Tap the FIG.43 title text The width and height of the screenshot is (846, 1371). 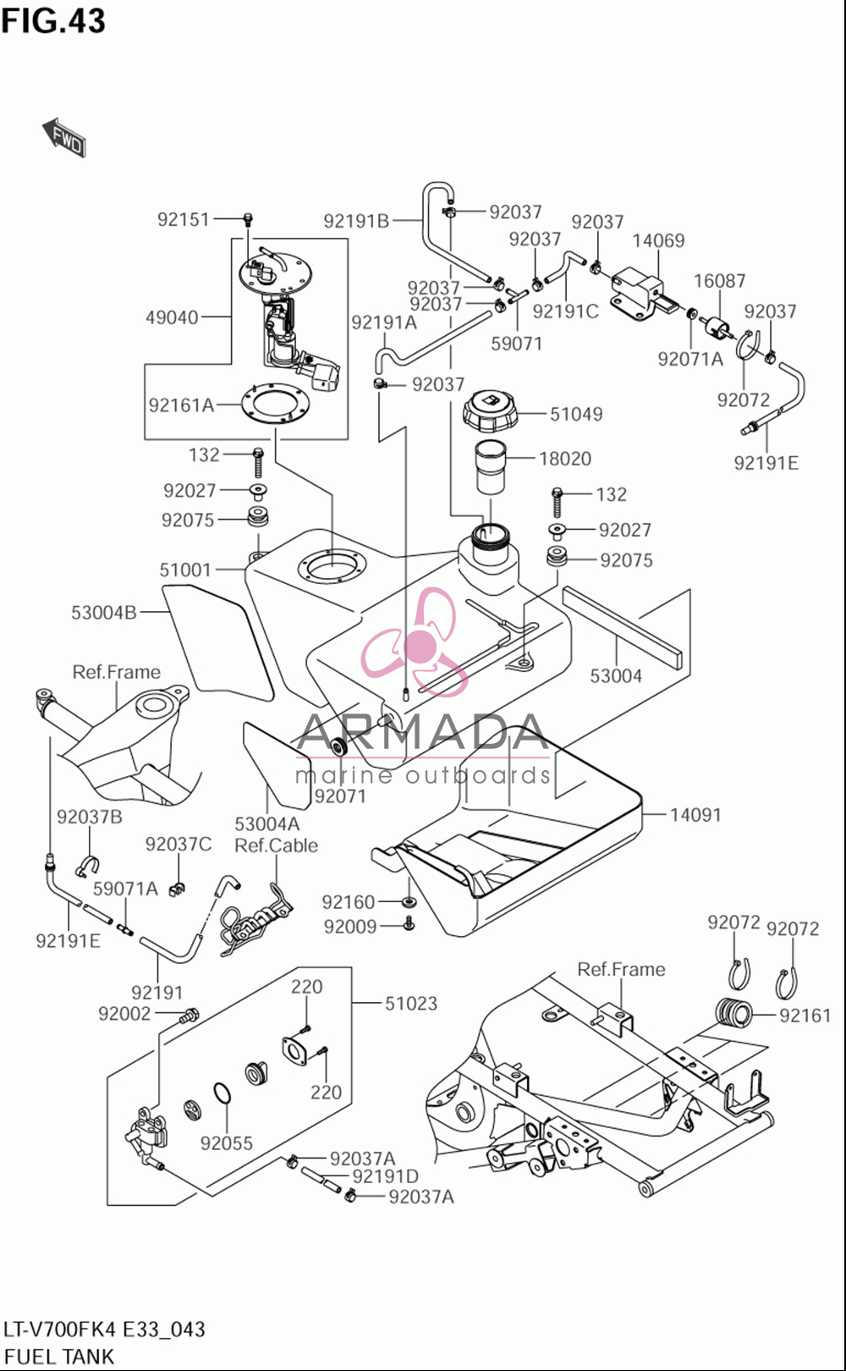tap(54, 21)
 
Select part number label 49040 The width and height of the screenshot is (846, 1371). tap(172, 317)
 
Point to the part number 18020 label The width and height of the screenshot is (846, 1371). tap(565, 459)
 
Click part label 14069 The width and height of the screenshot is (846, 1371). tap(658, 240)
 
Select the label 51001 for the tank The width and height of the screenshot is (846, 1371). tap(184, 570)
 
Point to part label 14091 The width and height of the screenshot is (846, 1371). tap(695, 815)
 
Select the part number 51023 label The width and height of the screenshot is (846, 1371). tap(411, 1003)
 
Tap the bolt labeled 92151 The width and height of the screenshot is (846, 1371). tap(249, 217)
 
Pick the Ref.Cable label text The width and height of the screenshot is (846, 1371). tap(277, 845)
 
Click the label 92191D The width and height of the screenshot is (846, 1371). tap(386, 1176)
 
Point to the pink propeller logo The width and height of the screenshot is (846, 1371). tap(416, 641)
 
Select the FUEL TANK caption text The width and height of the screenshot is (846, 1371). tap(58, 1356)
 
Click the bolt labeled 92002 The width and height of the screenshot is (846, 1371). tap(189, 1015)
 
